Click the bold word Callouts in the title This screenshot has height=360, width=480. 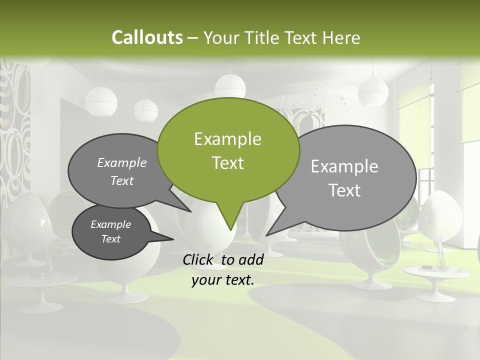click(147, 37)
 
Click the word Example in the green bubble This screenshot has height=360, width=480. click(227, 139)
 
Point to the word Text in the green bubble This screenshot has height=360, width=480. click(227, 163)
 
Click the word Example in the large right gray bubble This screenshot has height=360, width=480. click(344, 166)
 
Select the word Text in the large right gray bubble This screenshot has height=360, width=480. click(344, 190)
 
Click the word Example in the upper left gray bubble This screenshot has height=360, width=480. click(122, 163)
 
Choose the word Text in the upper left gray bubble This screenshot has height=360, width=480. click(122, 181)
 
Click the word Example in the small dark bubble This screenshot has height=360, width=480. click(111, 224)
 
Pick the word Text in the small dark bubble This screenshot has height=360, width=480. click(111, 239)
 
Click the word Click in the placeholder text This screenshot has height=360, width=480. click(199, 259)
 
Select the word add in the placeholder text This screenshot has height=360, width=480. click(250, 259)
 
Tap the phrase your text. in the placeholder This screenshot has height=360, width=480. click(223, 280)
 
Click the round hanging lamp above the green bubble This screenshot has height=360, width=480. click(230, 85)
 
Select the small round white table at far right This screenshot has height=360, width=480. click(436, 273)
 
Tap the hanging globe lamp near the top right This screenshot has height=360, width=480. click(373, 90)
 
